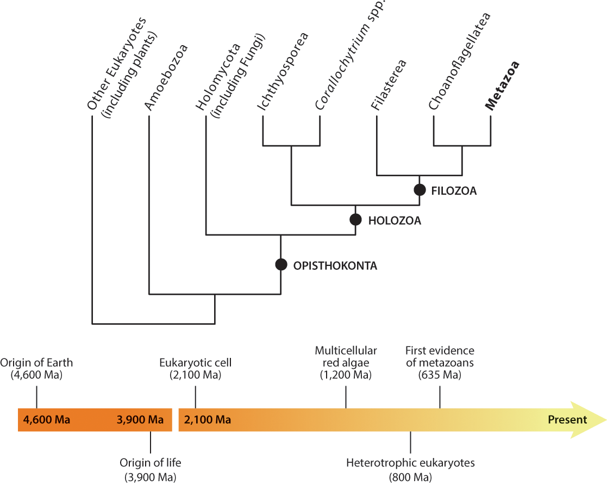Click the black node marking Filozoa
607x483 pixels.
tap(420, 190)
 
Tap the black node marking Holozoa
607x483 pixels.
tap(355, 219)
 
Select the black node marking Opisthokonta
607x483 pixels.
tap(280, 264)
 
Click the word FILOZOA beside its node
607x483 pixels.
tap(454, 191)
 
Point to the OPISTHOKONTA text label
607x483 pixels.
tap(335, 266)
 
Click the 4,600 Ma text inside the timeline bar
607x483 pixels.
tap(47, 419)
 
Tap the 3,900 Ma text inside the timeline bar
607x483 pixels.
tap(140, 419)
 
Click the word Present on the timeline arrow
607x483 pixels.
tap(567, 419)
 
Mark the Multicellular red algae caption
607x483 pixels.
tap(346, 363)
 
